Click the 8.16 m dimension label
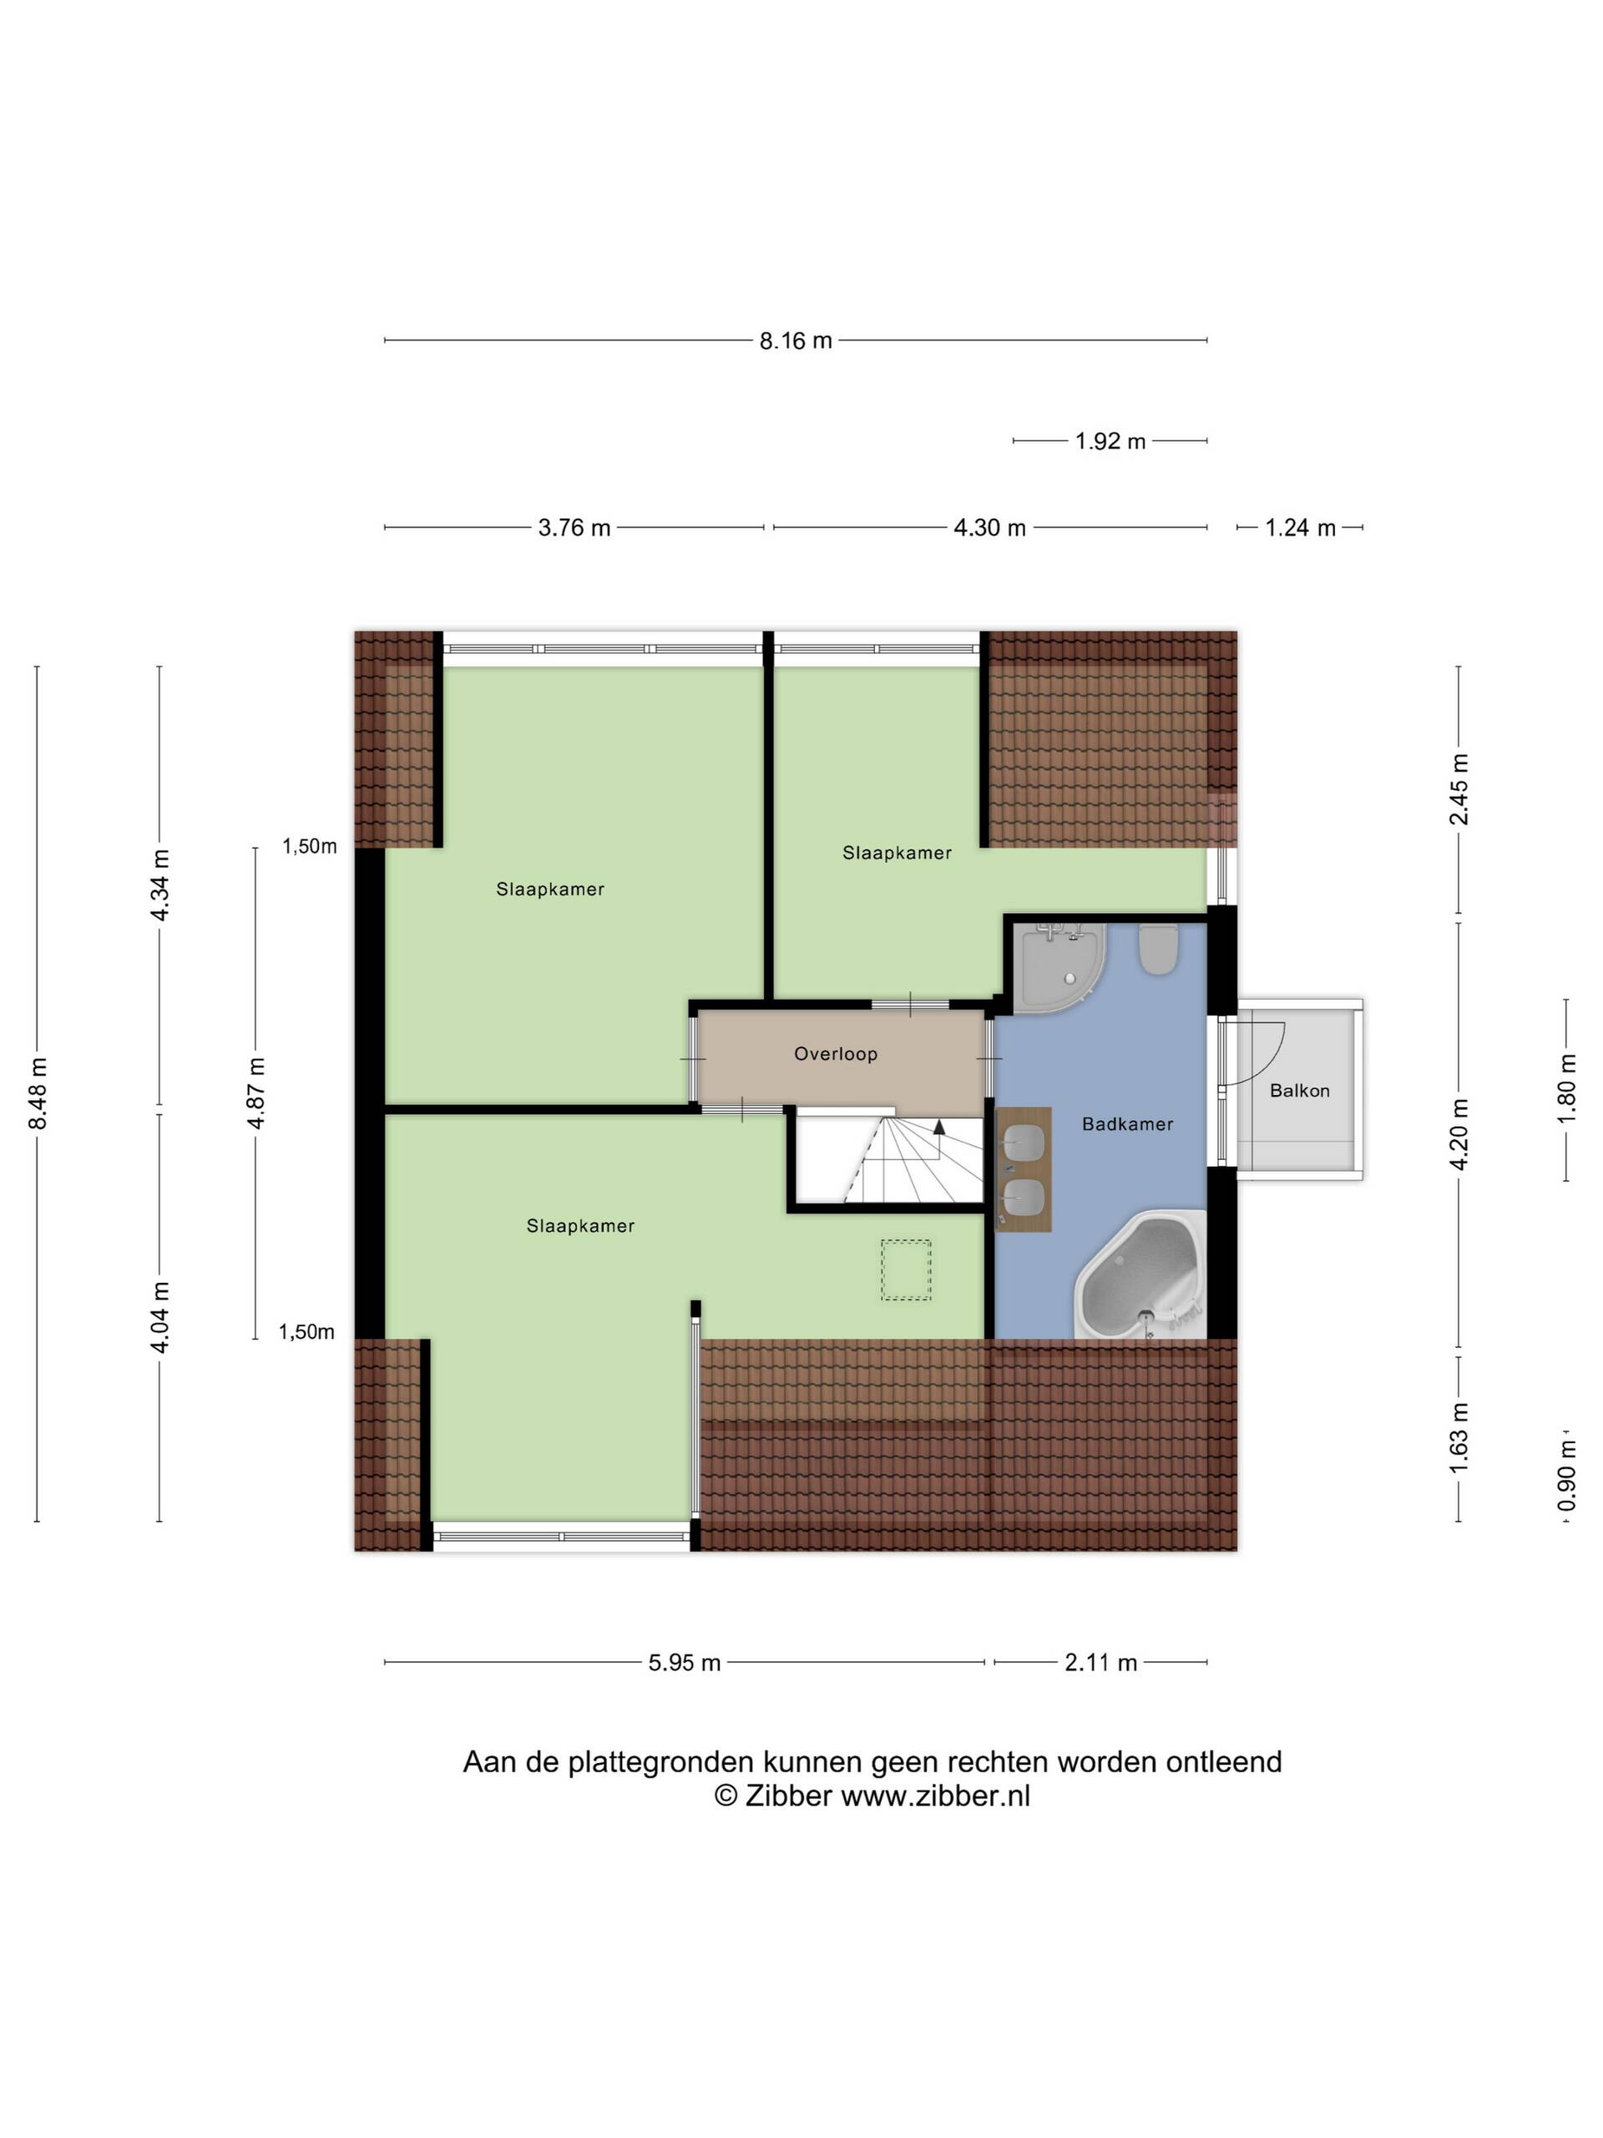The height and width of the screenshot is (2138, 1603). pos(794,340)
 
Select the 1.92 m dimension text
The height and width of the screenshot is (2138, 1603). pos(1110,441)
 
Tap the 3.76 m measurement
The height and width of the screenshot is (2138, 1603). pos(574,528)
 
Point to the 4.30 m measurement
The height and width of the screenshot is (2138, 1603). pos(989,528)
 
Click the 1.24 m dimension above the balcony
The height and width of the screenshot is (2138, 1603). pos(1300,528)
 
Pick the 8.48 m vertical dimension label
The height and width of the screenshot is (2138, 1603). pos(38,1093)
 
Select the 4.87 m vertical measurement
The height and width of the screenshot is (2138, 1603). pos(256,1093)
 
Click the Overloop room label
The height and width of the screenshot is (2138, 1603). pos(836,1053)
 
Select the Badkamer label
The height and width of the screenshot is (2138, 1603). pos(1128,1124)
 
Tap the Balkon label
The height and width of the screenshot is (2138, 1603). pos(1300,1090)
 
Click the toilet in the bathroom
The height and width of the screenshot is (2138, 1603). pos(1157,949)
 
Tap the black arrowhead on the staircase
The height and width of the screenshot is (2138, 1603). pos(939,1126)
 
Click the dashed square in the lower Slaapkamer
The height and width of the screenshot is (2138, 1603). pos(905,1270)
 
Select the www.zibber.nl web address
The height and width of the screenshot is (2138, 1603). pos(935,1796)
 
